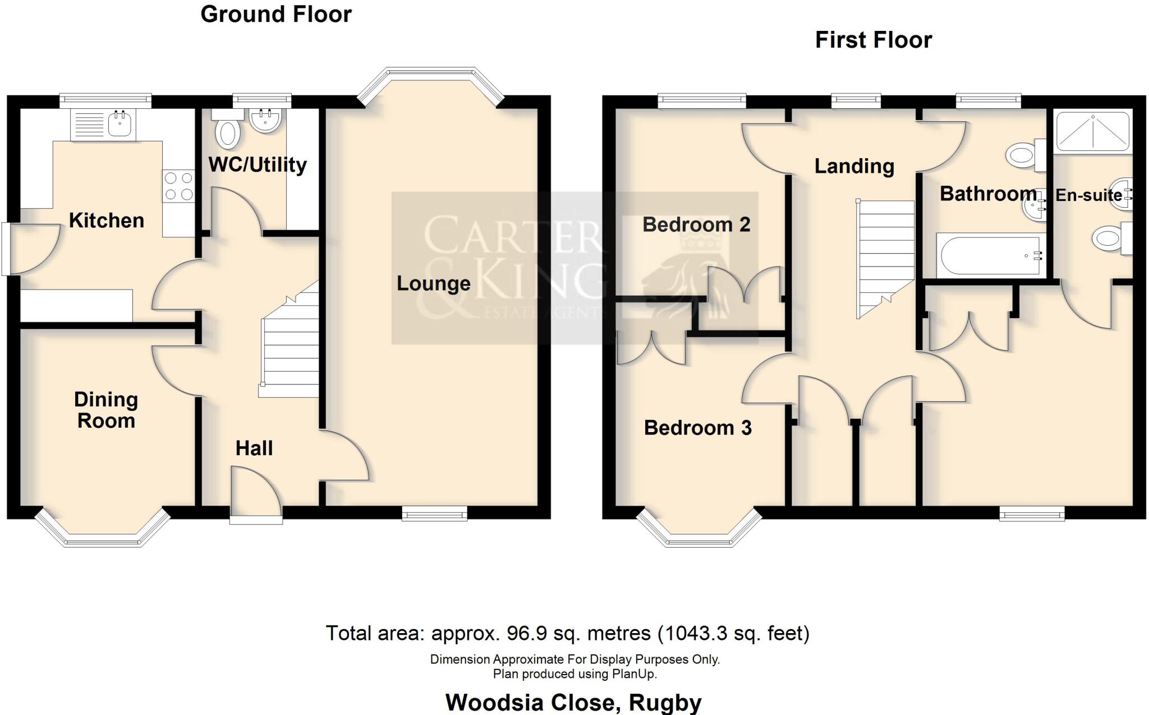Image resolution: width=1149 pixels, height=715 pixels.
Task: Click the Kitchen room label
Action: (x=107, y=221)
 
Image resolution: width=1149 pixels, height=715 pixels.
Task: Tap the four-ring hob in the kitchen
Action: (x=178, y=186)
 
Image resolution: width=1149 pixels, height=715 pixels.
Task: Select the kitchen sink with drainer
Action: (x=103, y=125)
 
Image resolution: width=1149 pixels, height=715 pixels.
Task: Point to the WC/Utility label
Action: (x=258, y=164)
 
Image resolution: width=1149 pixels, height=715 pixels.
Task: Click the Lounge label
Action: (x=433, y=283)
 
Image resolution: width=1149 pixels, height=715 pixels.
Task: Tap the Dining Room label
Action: (x=106, y=410)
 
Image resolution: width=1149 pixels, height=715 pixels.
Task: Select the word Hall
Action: (x=254, y=448)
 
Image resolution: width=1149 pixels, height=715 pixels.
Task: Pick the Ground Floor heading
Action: (x=276, y=15)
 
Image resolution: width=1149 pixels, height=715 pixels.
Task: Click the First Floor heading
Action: (x=873, y=40)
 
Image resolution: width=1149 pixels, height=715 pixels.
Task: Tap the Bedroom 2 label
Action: (x=696, y=224)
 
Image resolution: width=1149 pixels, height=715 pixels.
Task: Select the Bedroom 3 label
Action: (x=697, y=428)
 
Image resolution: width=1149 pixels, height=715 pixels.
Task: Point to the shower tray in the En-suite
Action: (x=1092, y=132)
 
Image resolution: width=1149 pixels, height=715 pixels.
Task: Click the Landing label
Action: (x=854, y=166)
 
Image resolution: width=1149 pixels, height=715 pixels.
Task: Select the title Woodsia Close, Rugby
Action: (x=573, y=703)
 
